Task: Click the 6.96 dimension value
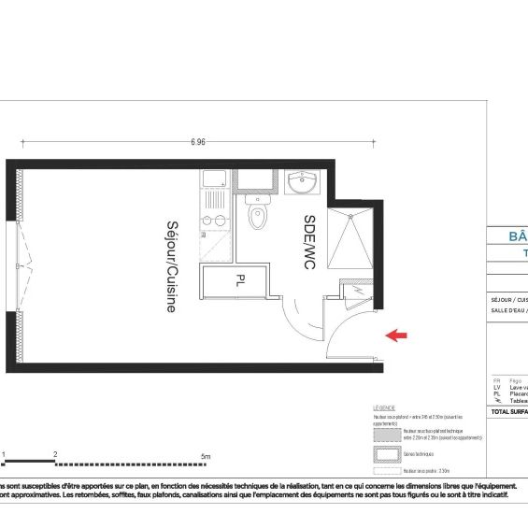[x=197, y=142]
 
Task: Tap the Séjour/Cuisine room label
[x=171, y=266]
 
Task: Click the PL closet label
[x=240, y=278]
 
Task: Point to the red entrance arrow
[x=396, y=334]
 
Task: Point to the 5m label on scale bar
[x=206, y=455]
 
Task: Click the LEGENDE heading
[x=384, y=408]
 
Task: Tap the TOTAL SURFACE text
[x=509, y=411]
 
